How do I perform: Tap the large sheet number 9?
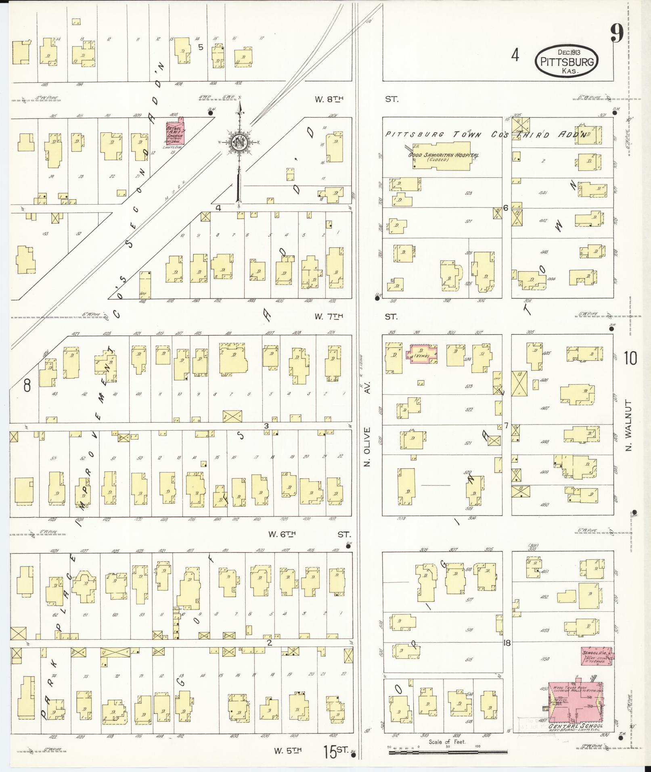[x=617, y=33]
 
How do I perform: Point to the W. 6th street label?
[x=283, y=534]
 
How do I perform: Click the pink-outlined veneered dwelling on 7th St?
[x=424, y=354]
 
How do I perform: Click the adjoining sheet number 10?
[x=630, y=358]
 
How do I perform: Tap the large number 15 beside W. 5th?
[x=329, y=752]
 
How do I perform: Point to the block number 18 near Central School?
[x=507, y=643]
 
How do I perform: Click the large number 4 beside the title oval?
[x=515, y=55]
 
